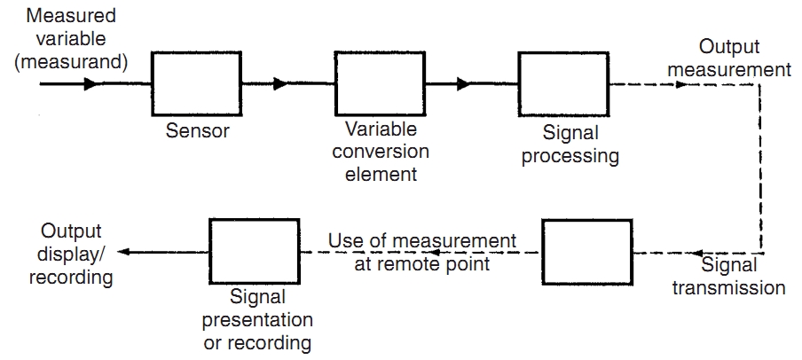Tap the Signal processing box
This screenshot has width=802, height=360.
[x=563, y=83]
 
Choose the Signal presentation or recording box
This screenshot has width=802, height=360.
[x=254, y=253]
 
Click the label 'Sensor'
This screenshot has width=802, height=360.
[x=197, y=132]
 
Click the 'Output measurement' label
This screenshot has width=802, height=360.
[x=742, y=58]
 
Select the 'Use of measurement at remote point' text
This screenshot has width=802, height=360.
[x=421, y=252]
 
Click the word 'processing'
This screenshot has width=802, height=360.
[x=570, y=157]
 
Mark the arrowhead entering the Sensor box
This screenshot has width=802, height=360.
[x=90, y=84]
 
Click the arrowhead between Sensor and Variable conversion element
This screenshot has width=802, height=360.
[x=280, y=84]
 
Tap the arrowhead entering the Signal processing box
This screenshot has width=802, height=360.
[x=463, y=84]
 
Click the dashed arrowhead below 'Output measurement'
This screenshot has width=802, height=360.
[x=680, y=85]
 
